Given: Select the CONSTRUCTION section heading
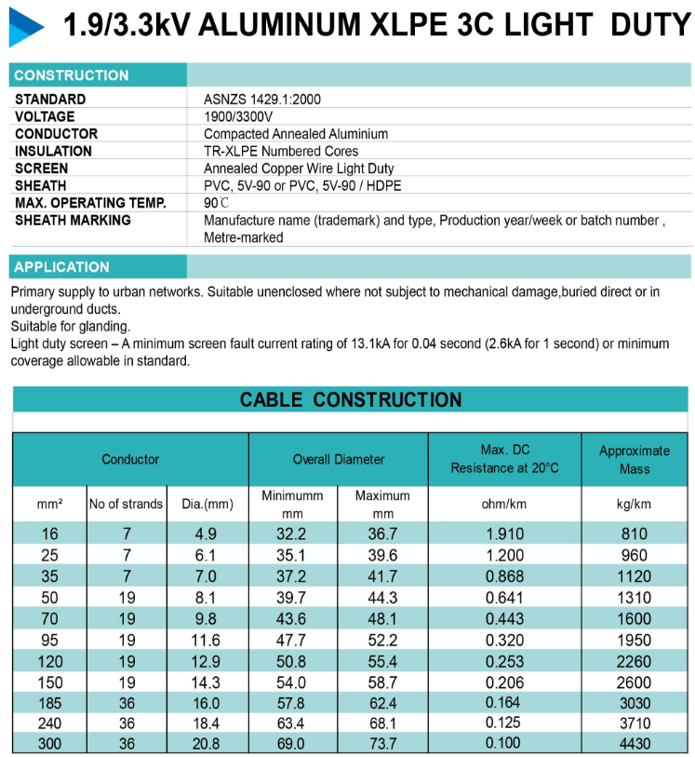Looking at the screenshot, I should (72, 75).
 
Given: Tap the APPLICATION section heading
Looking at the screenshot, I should (62, 267).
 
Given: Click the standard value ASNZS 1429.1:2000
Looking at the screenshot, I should (262, 100).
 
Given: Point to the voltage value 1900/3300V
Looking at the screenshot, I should (238, 116).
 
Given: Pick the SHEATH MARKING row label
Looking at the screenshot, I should (74, 221).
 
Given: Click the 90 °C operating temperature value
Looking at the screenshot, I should (216, 203).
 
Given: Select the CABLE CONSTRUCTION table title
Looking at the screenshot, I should (351, 400).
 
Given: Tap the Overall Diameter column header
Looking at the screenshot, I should (339, 459).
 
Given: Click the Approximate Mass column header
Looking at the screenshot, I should (635, 459).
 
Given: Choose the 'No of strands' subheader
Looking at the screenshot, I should (126, 504).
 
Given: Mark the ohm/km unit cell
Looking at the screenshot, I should (504, 504).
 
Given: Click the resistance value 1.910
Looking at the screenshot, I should (505, 534).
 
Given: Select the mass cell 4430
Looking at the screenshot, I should (635, 744).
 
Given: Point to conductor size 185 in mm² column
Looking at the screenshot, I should (49, 702).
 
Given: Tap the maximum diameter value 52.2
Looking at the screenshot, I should (383, 640).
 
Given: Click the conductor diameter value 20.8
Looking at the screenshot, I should (207, 744).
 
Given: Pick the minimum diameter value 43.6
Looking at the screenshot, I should (291, 618).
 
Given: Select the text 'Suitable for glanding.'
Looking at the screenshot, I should (71, 326).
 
